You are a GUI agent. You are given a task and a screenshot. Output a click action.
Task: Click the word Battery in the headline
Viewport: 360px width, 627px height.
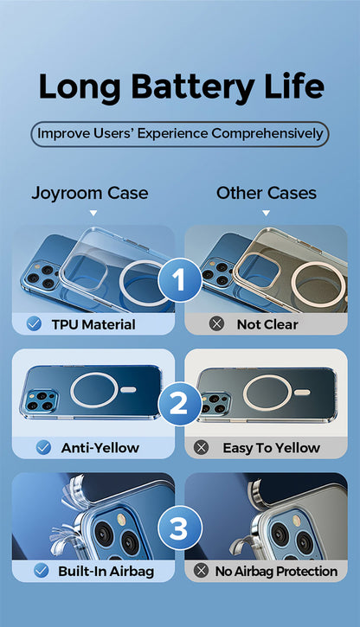coord(193,87)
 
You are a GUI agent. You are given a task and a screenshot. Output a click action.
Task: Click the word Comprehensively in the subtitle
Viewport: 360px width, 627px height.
coord(267,134)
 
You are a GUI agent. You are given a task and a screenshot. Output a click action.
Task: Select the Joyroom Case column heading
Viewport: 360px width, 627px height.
coord(90,194)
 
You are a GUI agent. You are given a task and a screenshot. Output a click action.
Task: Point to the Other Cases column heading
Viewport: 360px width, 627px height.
coord(267,193)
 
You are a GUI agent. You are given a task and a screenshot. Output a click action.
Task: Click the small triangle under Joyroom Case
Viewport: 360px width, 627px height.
coord(93,213)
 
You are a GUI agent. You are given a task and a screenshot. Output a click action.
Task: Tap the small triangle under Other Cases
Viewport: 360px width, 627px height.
coord(266,213)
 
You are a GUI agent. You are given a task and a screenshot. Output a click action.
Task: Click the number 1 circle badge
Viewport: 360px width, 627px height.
coord(180,279)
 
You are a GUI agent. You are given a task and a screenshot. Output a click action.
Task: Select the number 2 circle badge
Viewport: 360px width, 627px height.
coord(180,404)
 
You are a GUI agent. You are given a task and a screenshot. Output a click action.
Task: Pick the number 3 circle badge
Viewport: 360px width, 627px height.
coord(180,528)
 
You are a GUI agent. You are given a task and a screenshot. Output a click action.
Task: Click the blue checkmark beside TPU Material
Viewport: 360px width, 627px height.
coord(35,324)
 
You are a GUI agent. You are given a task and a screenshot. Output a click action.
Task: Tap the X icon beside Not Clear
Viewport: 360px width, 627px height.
coord(217,324)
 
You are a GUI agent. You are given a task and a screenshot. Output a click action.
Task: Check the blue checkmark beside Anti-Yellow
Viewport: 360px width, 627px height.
coord(43,447)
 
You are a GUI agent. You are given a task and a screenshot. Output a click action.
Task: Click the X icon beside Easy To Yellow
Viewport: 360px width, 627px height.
coord(201,447)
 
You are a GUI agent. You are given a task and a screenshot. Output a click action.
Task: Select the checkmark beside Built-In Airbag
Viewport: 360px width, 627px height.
coord(42,571)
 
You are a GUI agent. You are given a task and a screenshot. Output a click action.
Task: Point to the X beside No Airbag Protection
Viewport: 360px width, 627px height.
coord(201,571)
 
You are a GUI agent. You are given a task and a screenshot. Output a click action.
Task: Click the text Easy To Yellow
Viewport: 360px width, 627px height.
coord(271,448)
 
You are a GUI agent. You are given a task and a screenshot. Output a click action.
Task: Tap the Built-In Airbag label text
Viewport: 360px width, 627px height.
coord(106,572)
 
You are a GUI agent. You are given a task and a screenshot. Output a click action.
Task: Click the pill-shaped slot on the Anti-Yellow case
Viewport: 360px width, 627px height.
coord(128,390)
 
